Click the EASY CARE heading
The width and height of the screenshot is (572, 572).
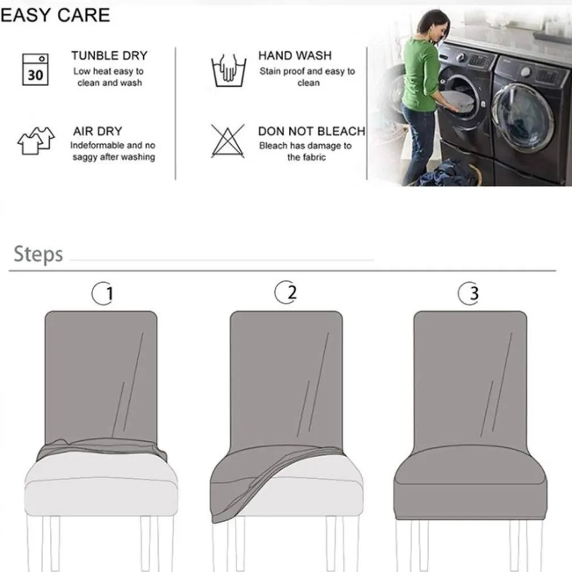[56, 15]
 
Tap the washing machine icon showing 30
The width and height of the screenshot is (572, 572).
[35, 69]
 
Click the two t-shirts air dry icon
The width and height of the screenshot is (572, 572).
[36, 141]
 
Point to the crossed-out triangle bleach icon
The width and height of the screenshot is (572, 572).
[228, 141]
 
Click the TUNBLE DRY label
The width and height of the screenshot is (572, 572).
[109, 56]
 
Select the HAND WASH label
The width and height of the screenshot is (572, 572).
[295, 56]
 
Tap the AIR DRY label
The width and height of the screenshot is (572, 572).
[98, 131]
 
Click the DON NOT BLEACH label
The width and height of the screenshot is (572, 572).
[311, 131]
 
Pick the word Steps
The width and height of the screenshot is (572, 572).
[39, 254]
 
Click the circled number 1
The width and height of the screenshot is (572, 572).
[103, 293]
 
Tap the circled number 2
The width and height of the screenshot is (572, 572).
[285, 292]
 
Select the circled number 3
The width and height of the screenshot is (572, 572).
[469, 293]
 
